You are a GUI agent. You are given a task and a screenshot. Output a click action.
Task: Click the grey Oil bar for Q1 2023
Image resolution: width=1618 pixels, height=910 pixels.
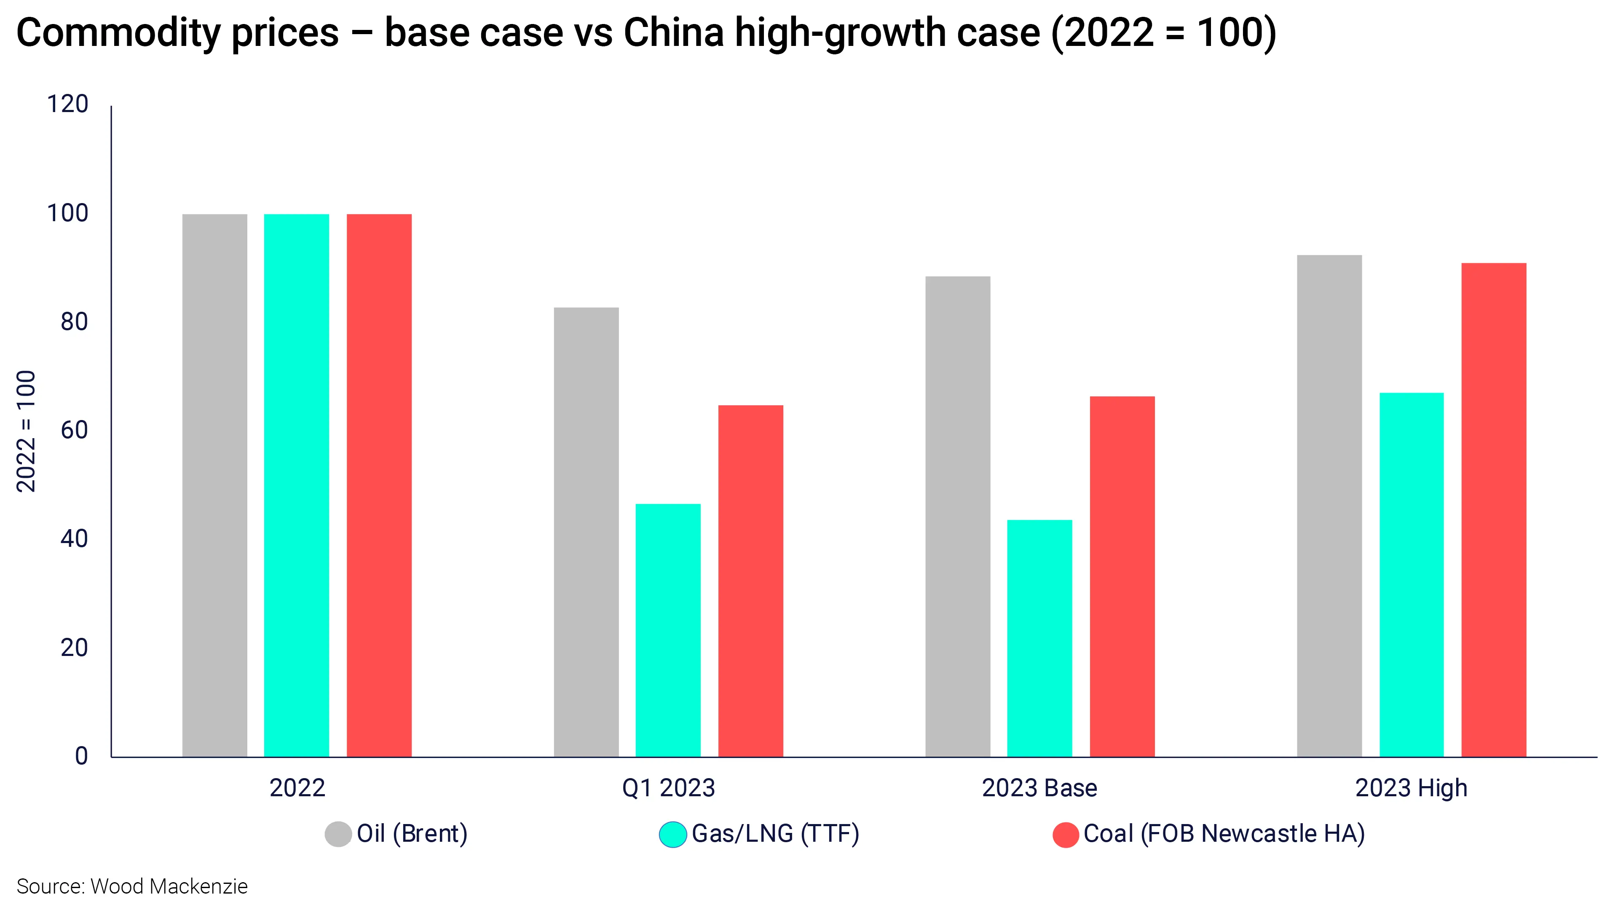pyautogui.click(x=586, y=532)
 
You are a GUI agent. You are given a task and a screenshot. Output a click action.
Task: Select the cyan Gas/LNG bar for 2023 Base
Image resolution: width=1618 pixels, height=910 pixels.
pyautogui.click(x=1039, y=638)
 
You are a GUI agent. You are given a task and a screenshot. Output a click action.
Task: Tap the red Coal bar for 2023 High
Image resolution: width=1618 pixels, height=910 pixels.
pyautogui.click(x=1494, y=510)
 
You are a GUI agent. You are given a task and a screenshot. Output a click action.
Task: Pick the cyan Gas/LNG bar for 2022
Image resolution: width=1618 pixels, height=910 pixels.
pyautogui.click(x=297, y=485)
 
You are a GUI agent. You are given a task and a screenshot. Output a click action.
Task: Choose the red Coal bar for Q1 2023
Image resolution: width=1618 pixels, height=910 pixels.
pyautogui.click(x=750, y=581)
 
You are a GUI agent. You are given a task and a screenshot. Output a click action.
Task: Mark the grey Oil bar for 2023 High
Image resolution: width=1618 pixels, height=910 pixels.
pyautogui.click(x=1329, y=506)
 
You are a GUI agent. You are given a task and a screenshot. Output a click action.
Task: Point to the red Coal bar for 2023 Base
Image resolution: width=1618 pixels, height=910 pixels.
pyautogui.click(x=1122, y=576)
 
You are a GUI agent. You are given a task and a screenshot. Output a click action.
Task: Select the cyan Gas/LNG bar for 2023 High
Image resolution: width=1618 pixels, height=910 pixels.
pyautogui.click(x=1412, y=575)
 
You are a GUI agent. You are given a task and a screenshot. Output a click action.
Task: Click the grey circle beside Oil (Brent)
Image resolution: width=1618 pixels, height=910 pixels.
pyautogui.click(x=338, y=834)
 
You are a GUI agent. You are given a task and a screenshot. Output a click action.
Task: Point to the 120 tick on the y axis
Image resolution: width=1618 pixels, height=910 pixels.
pyautogui.click(x=68, y=104)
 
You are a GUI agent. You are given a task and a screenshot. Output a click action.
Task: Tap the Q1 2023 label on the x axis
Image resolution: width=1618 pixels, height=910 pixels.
pyautogui.click(x=668, y=788)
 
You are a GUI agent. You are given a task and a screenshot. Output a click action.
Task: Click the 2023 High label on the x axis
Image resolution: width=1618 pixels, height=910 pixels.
pyautogui.click(x=1412, y=789)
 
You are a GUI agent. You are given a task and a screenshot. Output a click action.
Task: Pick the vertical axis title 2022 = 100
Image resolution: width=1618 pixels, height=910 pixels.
pyautogui.click(x=26, y=431)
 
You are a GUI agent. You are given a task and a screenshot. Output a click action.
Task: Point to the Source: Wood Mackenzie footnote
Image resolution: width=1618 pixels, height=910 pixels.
pyautogui.click(x=132, y=886)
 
